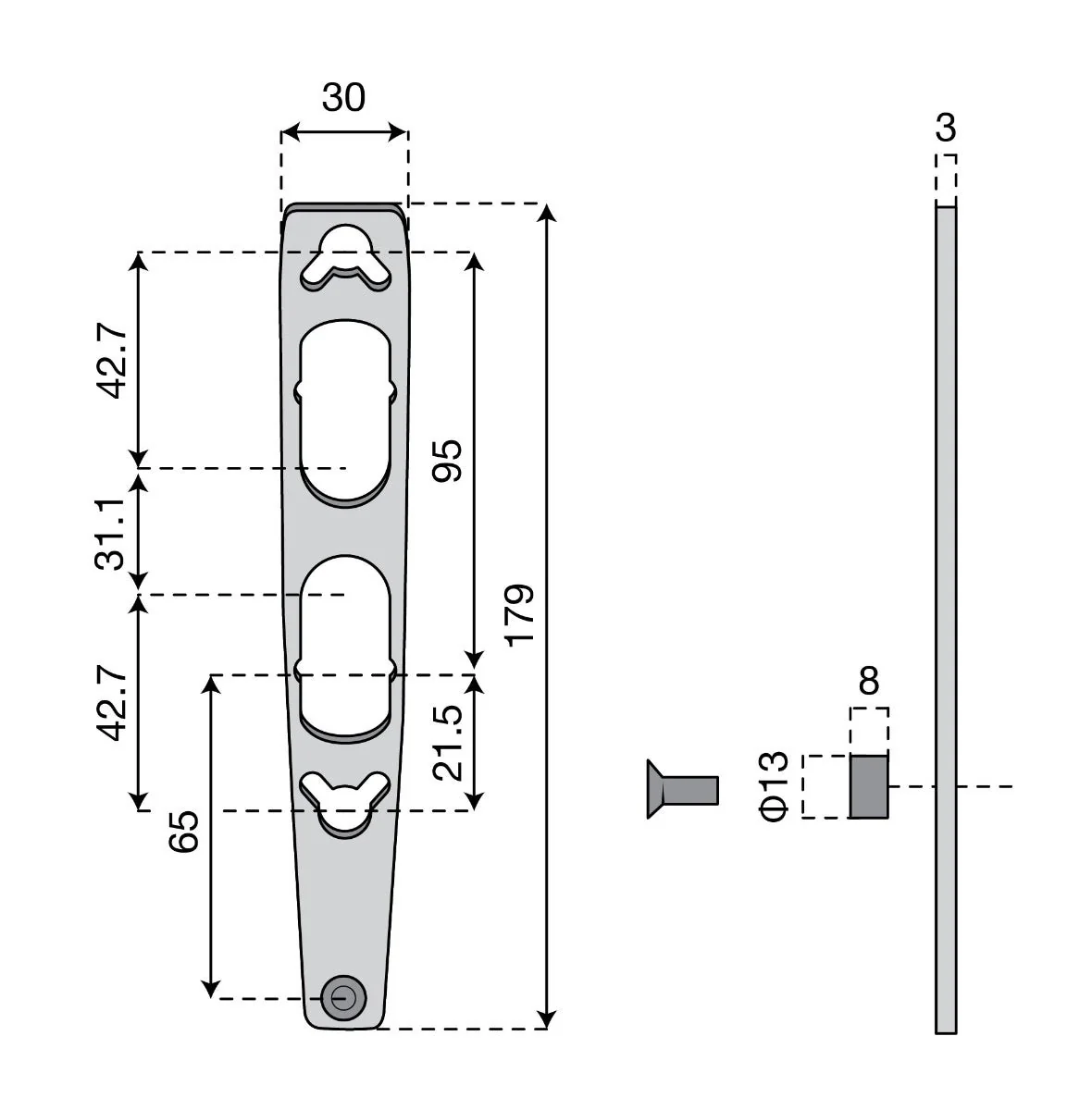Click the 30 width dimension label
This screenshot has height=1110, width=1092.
coord(343,97)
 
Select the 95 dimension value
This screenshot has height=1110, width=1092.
coord(447,461)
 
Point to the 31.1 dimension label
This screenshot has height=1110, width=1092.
coord(109,534)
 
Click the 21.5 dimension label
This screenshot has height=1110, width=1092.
coord(447,743)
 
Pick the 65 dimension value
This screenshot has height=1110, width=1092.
coord(183,832)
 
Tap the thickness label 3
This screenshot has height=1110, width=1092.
coord(946,128)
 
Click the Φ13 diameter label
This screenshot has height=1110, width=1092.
coord(773,786)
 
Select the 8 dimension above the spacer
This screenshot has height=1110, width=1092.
coord(869,680)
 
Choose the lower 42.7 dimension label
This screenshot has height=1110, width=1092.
coord(111,702)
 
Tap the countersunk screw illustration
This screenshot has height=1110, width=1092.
coord(683,789)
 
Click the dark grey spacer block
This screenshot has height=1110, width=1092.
coord(869,786)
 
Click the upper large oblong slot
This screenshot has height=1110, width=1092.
coord(345,413)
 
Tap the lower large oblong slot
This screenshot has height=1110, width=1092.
coord(345,647)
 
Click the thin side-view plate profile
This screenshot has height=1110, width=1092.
coord(946,619)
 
